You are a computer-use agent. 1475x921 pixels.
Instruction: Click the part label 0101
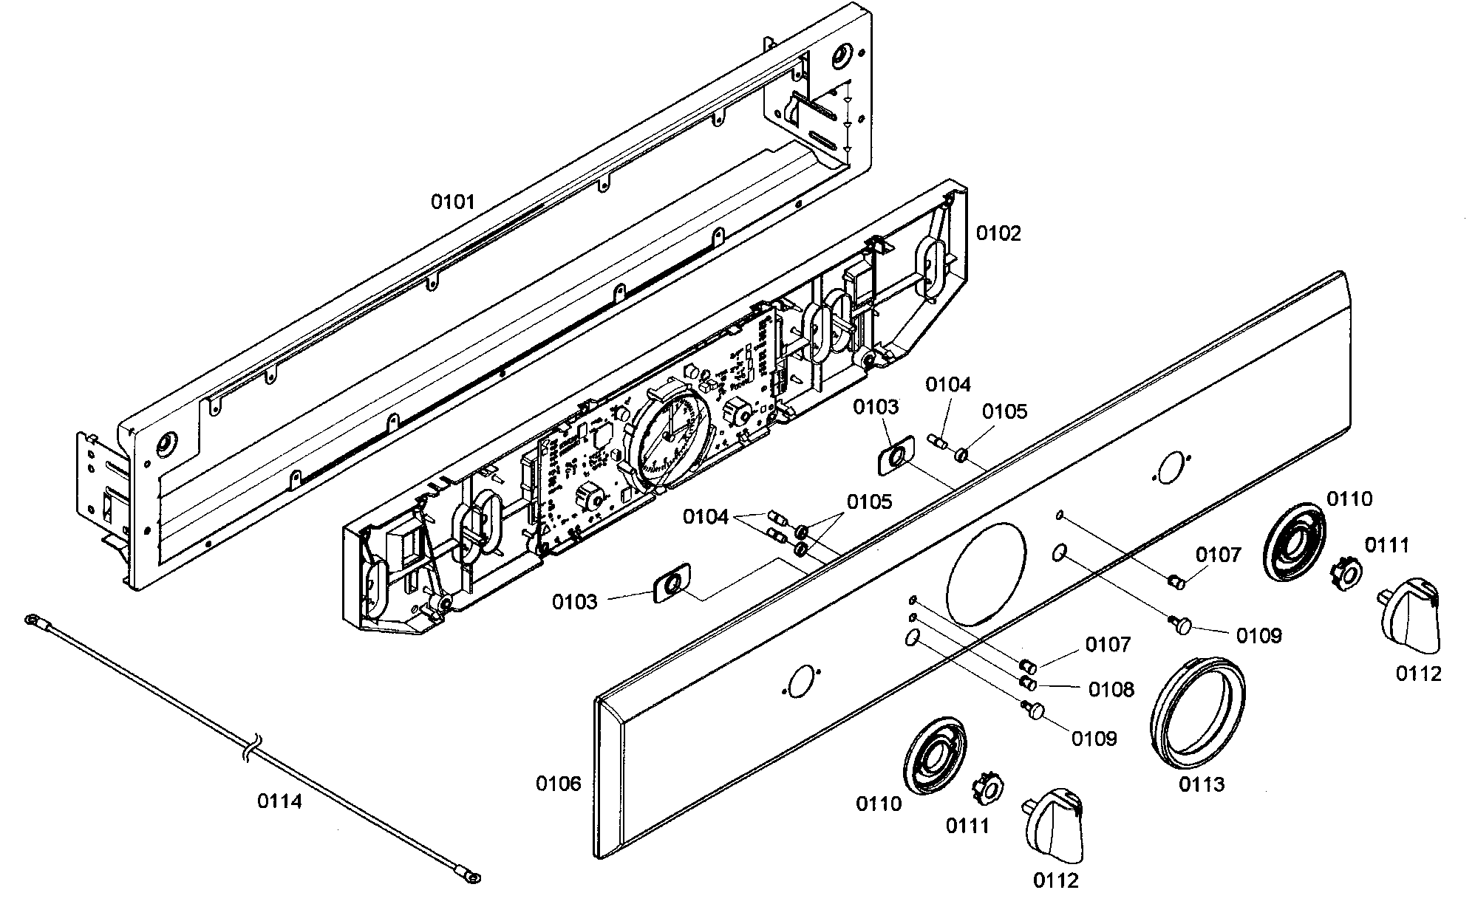453,202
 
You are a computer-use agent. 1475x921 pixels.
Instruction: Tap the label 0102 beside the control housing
998,233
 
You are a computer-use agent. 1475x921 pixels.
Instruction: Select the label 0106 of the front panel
559,783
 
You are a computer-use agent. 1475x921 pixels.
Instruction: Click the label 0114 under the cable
279,801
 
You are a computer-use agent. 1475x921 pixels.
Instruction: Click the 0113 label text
1202,784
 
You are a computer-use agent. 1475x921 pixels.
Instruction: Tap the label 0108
1111,689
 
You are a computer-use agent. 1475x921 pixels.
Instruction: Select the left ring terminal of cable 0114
31,618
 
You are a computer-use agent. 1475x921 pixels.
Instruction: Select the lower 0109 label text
1094,739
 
